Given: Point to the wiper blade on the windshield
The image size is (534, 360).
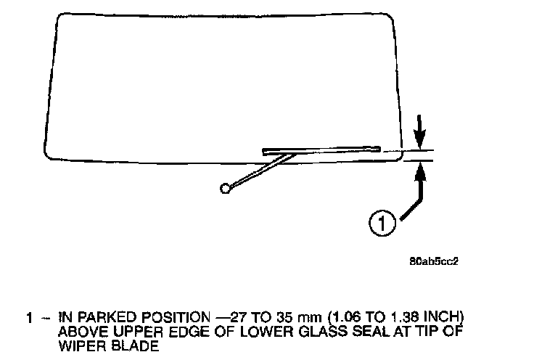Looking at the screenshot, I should [x=322, y=150].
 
